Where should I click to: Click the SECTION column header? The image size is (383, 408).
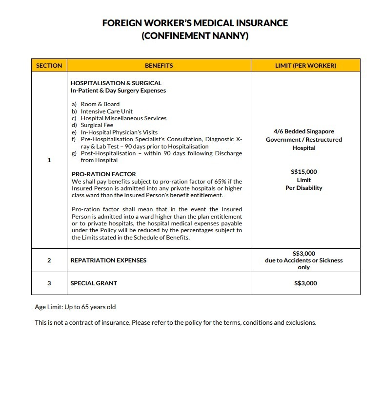point(49,65)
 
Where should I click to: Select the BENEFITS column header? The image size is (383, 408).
point(159,65)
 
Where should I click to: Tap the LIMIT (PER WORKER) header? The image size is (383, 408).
point(305,65)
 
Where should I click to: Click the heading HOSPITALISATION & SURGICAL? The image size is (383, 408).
point(116,83)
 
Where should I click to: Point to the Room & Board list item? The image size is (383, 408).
point(100,104)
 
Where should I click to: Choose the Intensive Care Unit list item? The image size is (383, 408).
point(106,111)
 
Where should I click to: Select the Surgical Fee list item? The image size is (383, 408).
point(97,125)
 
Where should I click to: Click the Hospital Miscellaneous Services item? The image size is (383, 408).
point(123,118)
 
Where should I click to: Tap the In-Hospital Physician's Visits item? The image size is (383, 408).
point(119,132)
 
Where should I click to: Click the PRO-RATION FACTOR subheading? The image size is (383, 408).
point(103,174)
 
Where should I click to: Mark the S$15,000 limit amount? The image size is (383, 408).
point(303,172)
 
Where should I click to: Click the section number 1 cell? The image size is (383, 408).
point(49,160)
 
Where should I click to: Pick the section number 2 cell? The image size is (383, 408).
point(49,260)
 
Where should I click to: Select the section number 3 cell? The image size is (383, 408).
point(49,283)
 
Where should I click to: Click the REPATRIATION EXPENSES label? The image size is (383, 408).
point(108,260)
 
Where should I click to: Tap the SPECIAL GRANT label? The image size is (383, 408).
point(94,283)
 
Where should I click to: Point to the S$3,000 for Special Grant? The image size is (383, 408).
point(305,283)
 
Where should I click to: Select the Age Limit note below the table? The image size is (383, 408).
point(75,307)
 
